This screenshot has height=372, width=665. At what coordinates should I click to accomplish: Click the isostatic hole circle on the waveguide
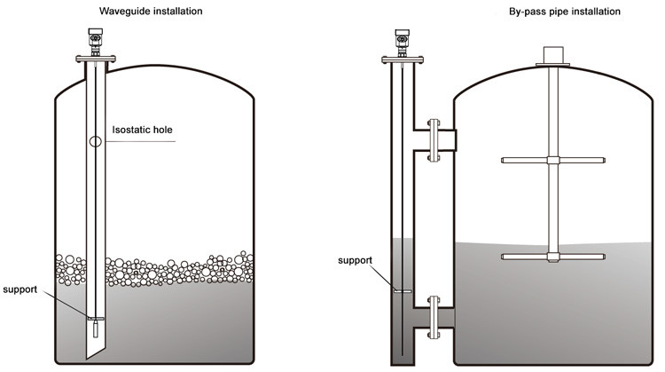point(95,141)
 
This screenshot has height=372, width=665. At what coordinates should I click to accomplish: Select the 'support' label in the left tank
point(20,290)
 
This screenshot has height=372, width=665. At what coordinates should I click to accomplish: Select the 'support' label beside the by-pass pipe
point(354,260)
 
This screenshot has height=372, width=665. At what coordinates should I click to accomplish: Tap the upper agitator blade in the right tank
point(527,161)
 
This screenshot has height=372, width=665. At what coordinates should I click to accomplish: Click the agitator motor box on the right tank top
point(553,53)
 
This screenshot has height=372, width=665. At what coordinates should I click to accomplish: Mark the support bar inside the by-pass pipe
point(403,290)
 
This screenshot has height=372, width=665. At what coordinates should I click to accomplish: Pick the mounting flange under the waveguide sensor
point(95,60)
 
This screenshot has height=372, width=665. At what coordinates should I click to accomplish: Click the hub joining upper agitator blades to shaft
point(553,161)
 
